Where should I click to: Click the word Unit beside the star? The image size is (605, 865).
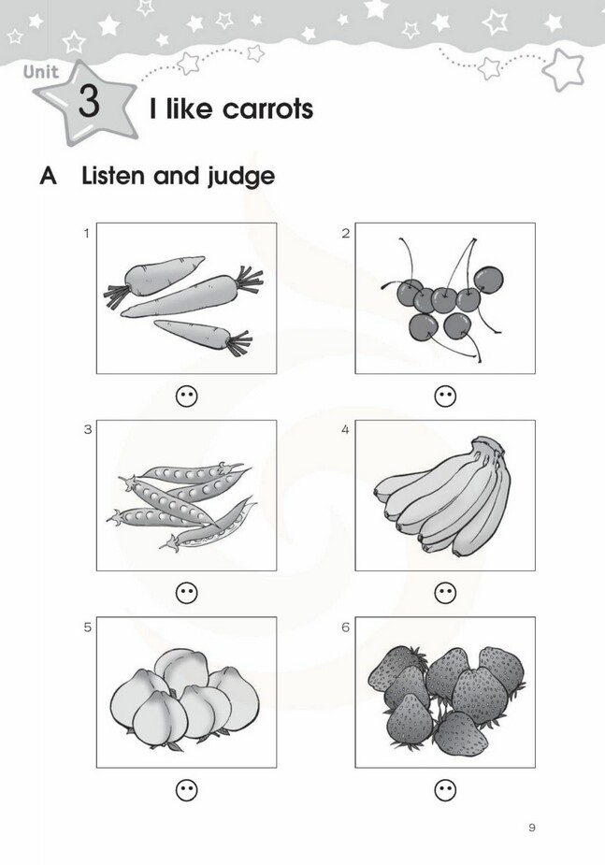[41, 71]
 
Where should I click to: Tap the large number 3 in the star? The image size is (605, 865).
[89, 101]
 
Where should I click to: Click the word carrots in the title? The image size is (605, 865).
[267, 108]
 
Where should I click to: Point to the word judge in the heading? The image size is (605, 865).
[240, 177]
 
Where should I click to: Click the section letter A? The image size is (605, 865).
[48, 176]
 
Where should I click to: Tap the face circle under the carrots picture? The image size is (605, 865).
[186, 396]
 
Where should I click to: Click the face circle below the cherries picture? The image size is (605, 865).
[446, 396]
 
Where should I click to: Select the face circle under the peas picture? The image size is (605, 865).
[186, 593]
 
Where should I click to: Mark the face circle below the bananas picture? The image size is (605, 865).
[446, 593]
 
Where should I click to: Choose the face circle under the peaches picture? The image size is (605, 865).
[186, 790]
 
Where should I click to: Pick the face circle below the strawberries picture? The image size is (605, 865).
[446, 790]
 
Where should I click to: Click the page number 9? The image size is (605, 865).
[532, 828]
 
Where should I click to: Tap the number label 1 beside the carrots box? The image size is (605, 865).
[87, 234]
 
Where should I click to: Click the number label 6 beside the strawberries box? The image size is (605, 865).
[346, 627]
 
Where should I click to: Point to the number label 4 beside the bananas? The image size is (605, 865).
[345, 430]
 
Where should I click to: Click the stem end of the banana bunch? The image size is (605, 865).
[489, 444]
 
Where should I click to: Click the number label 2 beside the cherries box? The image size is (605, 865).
[346, 234]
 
